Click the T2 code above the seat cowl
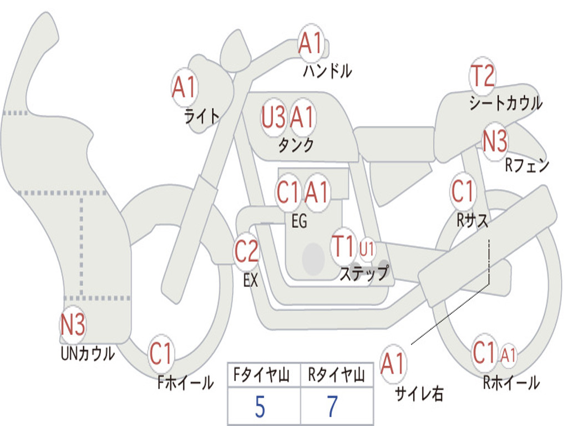[482, 76]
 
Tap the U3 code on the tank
[273, 117]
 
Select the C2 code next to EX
[246, 251]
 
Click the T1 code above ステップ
[342, 246]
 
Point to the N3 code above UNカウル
[73, 324]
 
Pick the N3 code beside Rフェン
[495, 140]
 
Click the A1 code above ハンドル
[310, 43]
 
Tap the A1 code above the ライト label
[184, 87]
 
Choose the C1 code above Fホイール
[160, 353]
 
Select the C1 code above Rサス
[462, 191]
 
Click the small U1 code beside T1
[367, 249]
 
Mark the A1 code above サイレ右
[392, 363]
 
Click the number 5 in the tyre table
[260, 407]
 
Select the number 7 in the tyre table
[333, 407]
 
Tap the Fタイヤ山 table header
[262, 375]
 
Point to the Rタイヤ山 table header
[336, 375]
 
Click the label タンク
[296, 145]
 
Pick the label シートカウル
[506, 103]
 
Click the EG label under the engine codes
[299, 221]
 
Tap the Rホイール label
[511, 383]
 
